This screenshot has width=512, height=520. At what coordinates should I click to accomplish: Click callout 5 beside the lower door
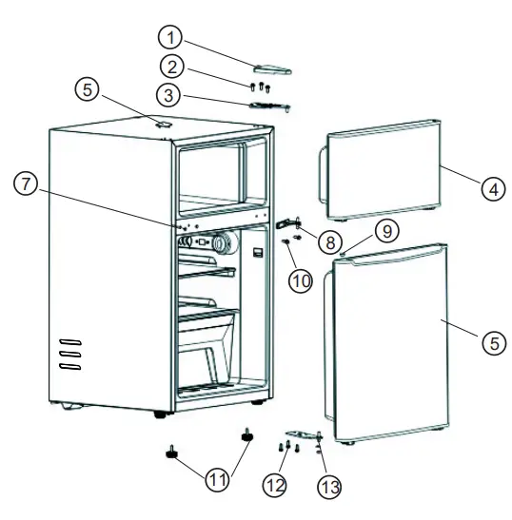click(x=493, y=343)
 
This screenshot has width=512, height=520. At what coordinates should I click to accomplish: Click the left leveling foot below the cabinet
click(x=173, y=453)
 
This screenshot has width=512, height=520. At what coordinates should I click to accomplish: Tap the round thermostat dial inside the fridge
click(x=223, y=244)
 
